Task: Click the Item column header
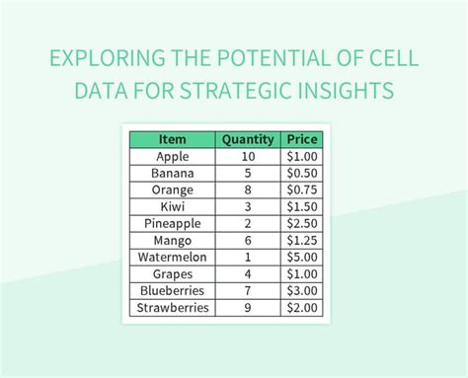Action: [x=173, y=139]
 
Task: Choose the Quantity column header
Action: [x=248, y=139]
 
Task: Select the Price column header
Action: [x=301, y=139]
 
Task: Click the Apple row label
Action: [x=173, y=156]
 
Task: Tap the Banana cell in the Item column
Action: [x=173, y=173]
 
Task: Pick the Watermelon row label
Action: [x=173, y=257]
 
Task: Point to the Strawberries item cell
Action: [x=173, y=308]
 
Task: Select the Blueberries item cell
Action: [x=173, y=291]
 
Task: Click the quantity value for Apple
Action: [x=248, y=156]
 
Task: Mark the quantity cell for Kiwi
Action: [x=248, y=206]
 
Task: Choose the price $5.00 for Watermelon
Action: [x=301, y=257]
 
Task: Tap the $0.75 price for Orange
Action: [x=301, y=189]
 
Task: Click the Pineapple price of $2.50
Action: [x=301, y=223]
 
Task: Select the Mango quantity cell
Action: [x=248, y=240]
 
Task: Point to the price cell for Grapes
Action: [x=301, y=273]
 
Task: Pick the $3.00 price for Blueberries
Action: [x=301, y=291]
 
